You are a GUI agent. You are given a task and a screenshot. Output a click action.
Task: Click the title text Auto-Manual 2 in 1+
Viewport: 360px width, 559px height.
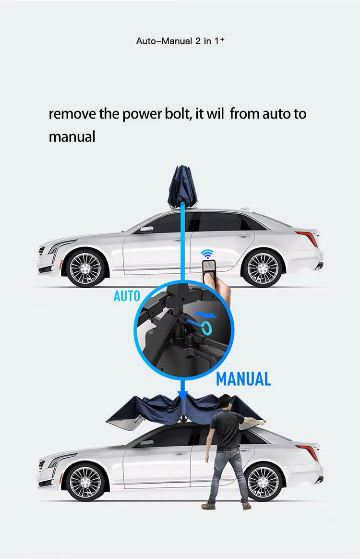click(x=180, y=41)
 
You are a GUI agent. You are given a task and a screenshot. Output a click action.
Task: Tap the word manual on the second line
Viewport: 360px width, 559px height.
click(x=72, y=136)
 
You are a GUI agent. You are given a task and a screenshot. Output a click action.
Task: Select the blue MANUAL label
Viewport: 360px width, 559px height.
click(x=243, y=379)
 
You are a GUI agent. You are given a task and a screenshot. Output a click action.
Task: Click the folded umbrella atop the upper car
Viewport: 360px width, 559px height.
click(x=182, y=187)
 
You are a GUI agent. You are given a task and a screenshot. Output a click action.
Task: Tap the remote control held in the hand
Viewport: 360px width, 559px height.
click(x=209, y=268)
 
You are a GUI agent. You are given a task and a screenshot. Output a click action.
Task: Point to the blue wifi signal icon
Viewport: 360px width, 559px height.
click(x=207, y=254)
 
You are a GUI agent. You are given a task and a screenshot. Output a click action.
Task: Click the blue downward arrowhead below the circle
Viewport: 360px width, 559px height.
click(x=182, y=395)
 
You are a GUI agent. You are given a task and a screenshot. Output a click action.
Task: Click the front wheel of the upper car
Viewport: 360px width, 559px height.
click(x=85, y=268)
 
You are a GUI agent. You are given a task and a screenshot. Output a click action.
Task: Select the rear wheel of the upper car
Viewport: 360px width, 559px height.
click(x=263, y=268)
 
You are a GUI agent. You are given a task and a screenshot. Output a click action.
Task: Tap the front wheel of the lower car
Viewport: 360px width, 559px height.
click(x=86, y=482)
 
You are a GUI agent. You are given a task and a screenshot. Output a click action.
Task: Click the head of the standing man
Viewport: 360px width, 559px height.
click(x=225, y=402)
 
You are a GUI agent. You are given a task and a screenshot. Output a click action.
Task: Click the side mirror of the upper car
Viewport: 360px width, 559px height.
click(x=146, y=229)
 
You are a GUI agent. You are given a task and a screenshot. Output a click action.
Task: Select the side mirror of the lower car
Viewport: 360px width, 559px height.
click(x=147, y=443)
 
